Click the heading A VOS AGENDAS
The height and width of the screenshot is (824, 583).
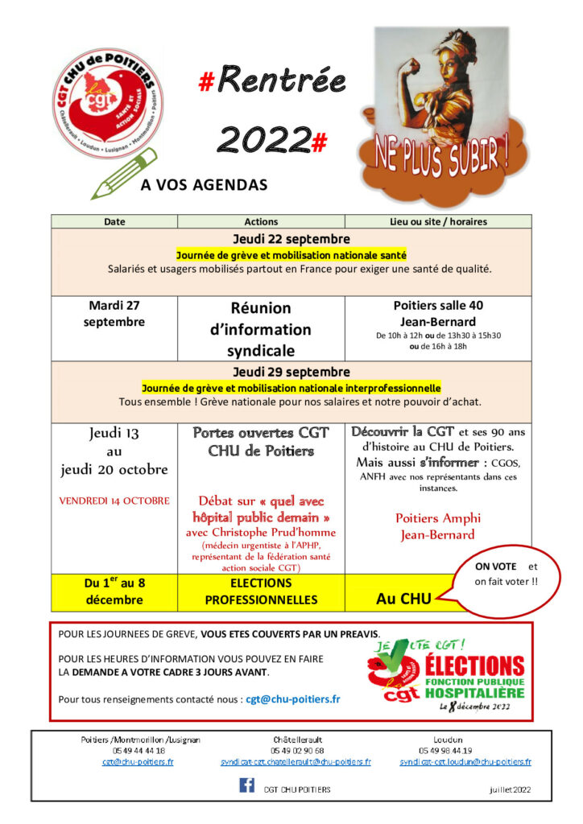pos(204,185)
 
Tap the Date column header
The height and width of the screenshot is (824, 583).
pos(114,221)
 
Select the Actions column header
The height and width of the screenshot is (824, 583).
pos(261,221)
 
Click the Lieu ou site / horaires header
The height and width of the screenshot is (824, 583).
pos(438,221)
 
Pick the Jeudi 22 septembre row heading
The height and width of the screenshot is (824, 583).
pos(291,239)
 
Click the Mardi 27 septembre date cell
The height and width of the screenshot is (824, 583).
pos(114,314)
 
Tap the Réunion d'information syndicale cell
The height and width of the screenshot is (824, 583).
pos(260,329)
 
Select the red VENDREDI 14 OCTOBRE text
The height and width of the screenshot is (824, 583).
pos(114,500)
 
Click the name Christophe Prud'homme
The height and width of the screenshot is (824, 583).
pos(260,532)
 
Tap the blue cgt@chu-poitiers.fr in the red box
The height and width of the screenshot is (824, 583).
pos(292,698)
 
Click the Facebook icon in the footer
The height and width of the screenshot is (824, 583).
pos(246,785)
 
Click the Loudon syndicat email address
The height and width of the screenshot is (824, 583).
pos(465,761)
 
